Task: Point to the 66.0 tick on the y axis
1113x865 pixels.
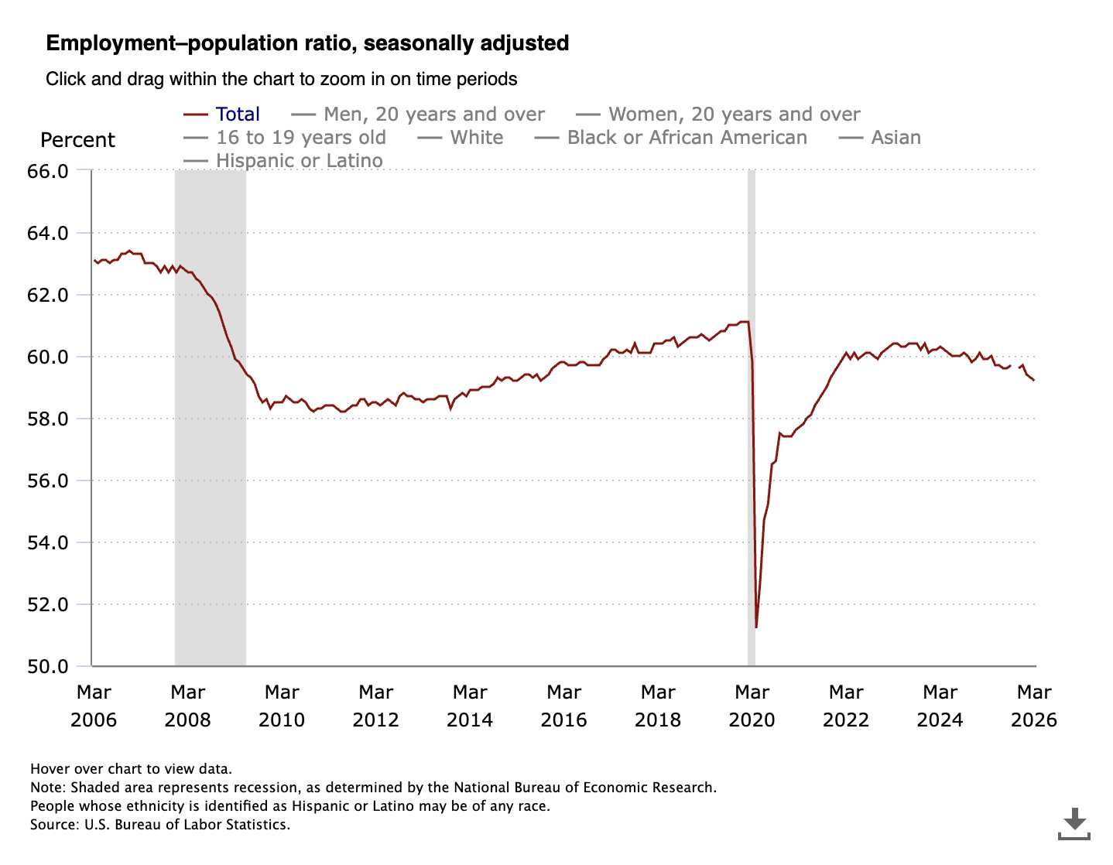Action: click(x=48, y=171)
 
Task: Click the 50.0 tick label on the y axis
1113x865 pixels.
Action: click(x=48, y=666)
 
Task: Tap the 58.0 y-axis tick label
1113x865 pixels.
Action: click(x=48, y=419)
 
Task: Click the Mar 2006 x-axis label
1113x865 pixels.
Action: click(x=94, y=706)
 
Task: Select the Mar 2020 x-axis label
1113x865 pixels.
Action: click(x=752, y=706)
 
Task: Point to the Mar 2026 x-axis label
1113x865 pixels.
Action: click(x=1033, y=706)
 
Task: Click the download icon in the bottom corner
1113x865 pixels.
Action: click(x=1074, y=823)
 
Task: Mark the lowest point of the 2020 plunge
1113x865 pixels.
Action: click(x=756, y=627)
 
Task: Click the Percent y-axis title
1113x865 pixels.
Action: click(x=77, y=140)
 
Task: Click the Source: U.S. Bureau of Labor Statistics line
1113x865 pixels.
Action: click(x=160, y=825)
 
